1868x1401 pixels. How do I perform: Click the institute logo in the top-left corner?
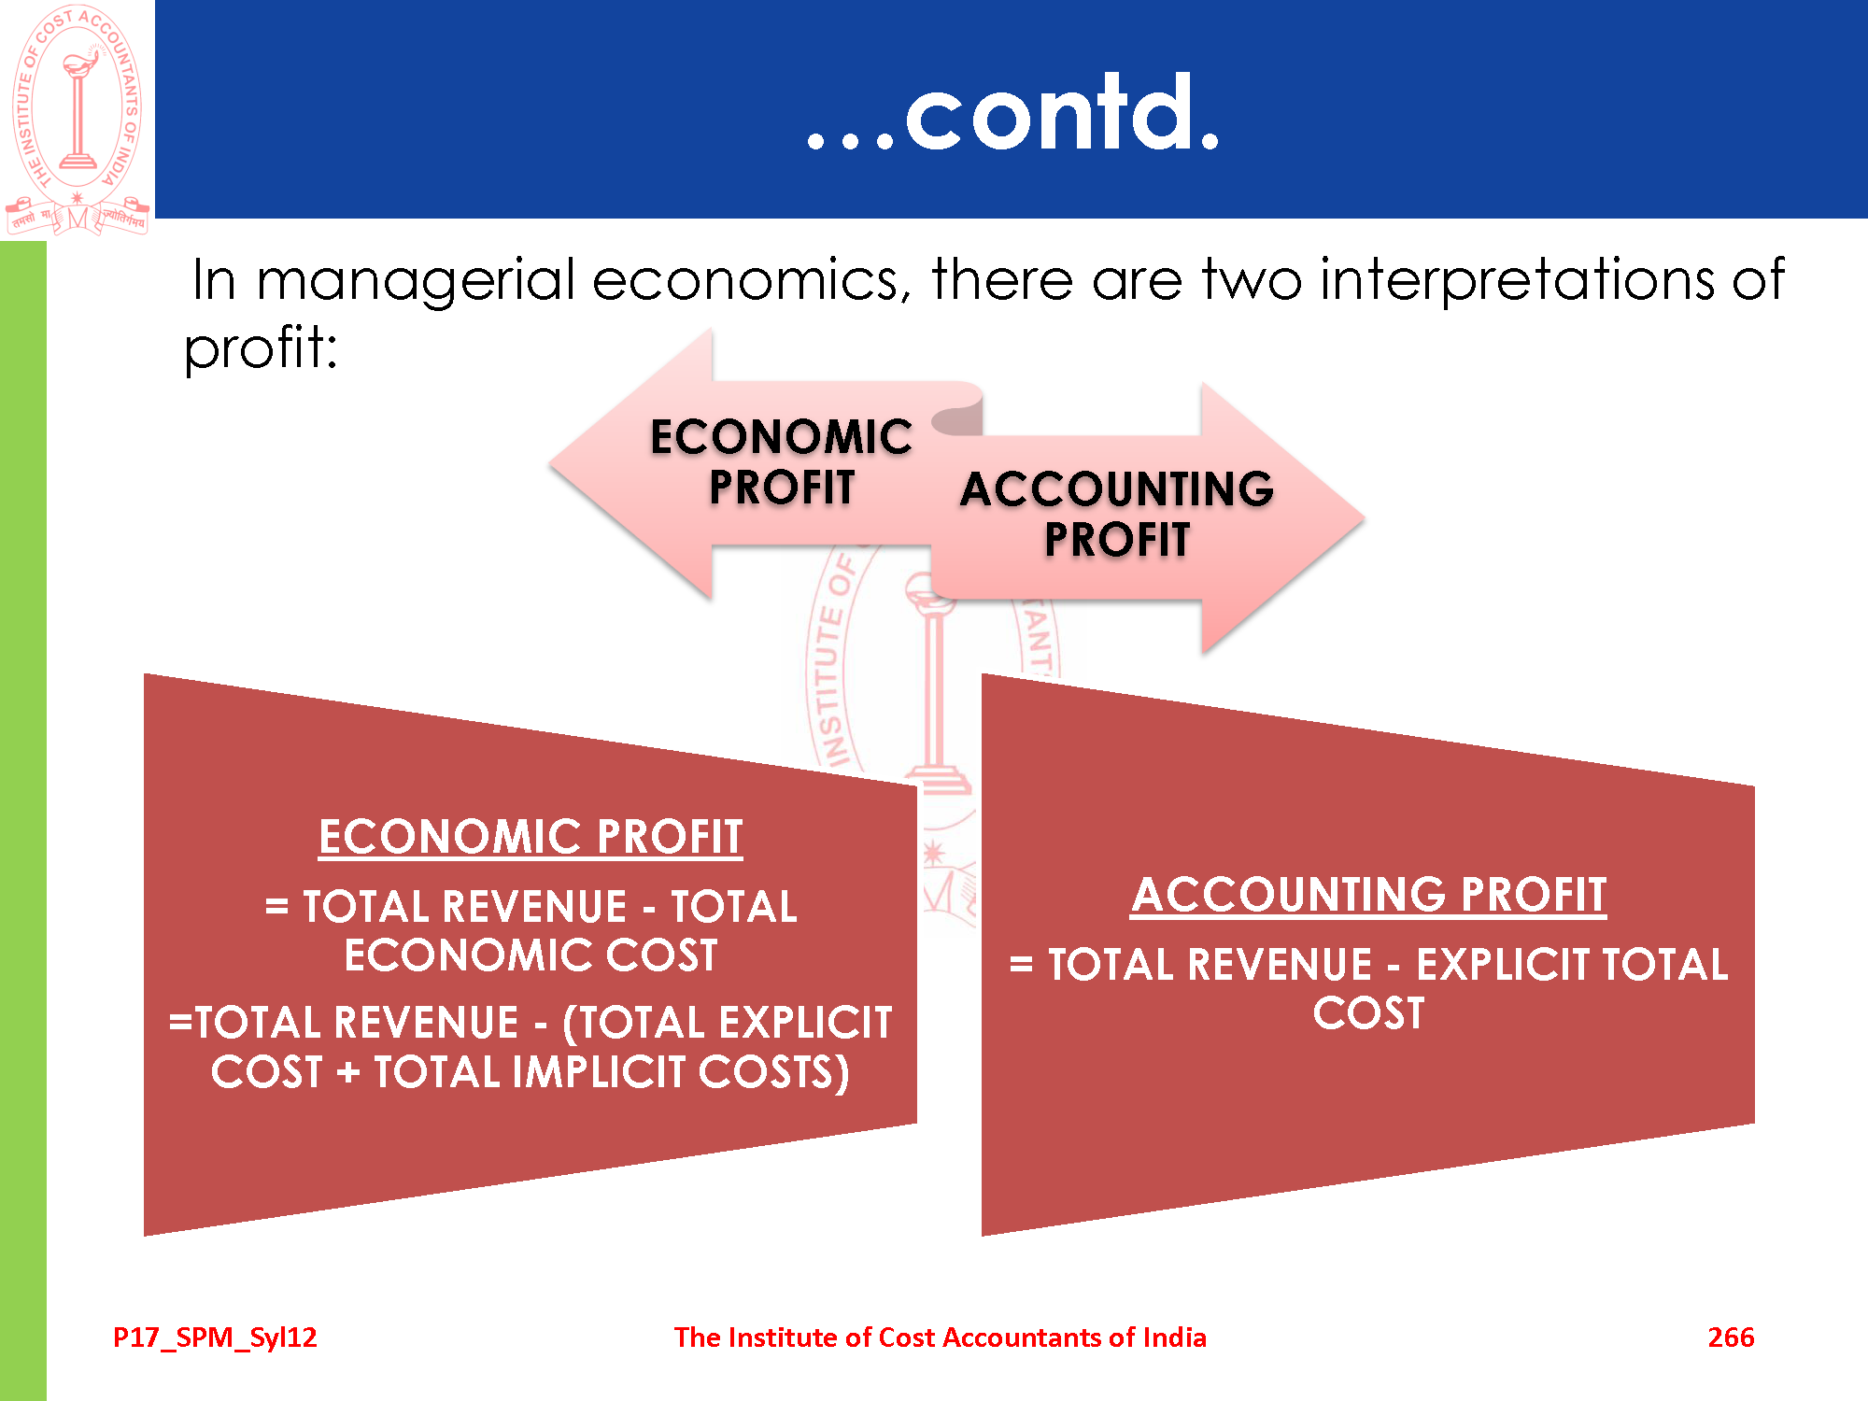coord(77,120)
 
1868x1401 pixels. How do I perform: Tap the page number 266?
coord(1731,1337)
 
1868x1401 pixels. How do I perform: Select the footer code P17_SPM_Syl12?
coord(215,1338)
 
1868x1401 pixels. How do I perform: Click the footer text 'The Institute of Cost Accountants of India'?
coord(940,1337)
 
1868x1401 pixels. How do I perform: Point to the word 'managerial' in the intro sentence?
coord(416,281)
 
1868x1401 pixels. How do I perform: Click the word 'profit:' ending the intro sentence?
coord(261,348)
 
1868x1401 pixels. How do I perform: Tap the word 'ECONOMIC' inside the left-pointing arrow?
coord(781,437)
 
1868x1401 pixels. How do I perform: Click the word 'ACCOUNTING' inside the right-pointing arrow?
coord(1117,489)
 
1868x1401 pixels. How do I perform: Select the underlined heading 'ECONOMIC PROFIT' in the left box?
coord(531,837)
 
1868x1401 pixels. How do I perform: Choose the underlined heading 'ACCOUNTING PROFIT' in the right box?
coord(1368,895)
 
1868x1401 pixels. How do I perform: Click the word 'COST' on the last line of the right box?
coord(1369,1013)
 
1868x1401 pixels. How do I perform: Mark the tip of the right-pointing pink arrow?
coord(1365,517)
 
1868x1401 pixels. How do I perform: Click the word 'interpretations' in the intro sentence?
coord(1518,281)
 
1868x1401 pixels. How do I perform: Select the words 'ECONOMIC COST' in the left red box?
coord(531,955)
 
